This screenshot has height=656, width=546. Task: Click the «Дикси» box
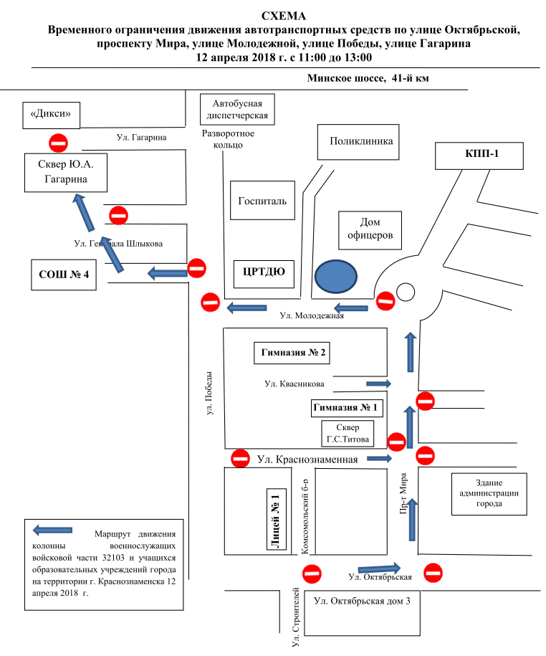click(x=50, y=114)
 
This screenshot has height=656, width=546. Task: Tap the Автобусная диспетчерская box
click(x=236, y=109)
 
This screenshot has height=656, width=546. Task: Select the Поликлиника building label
click(x=360, y=142)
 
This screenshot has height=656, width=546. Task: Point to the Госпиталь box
click(x=262, y=201)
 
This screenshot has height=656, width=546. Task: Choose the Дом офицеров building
click(x=370, y=229)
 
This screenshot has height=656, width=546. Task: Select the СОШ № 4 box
click(x=63, y=275)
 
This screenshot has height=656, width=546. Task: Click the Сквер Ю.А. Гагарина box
click(x=67, y=172)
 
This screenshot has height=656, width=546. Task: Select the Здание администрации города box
click(x=487, y=493)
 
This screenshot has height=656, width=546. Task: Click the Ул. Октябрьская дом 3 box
click(x=362, y=602)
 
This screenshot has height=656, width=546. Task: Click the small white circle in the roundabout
click(x=406, y=292)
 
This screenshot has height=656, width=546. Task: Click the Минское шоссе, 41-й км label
click(x=368, y=78)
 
